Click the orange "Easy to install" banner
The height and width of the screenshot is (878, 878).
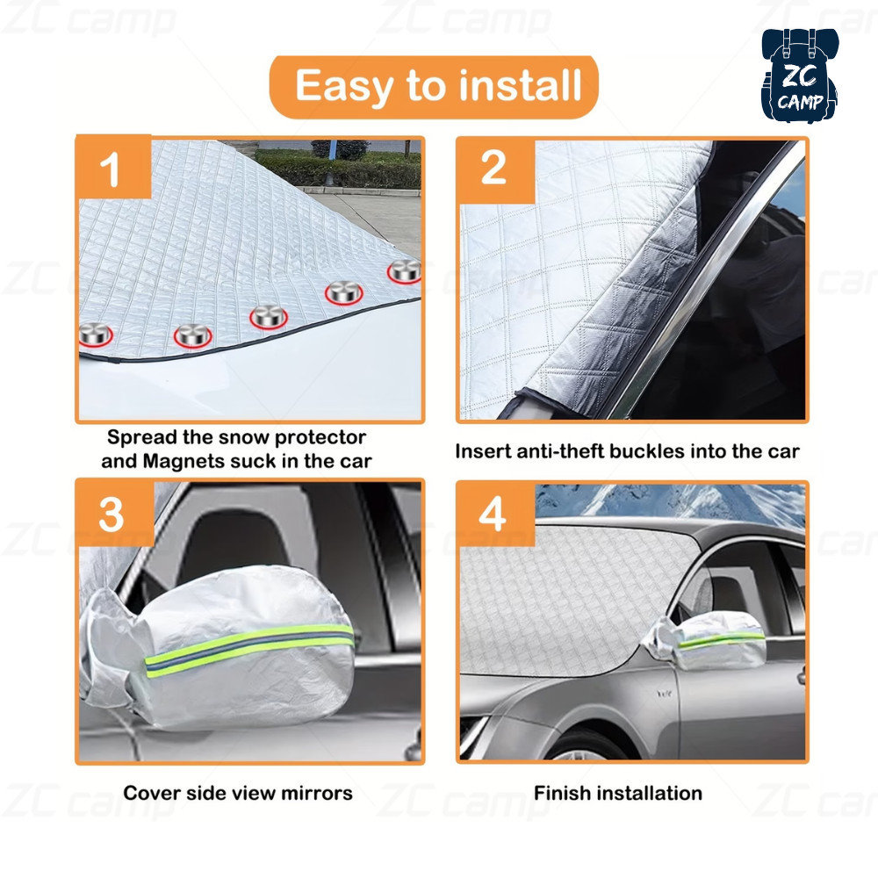(434, 86)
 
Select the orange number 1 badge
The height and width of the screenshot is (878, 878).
(113, 167)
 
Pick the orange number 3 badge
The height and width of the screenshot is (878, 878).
(115, 513)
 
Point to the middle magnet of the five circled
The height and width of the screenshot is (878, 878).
(269, 318)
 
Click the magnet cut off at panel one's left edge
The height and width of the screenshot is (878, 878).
(94, 335)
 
